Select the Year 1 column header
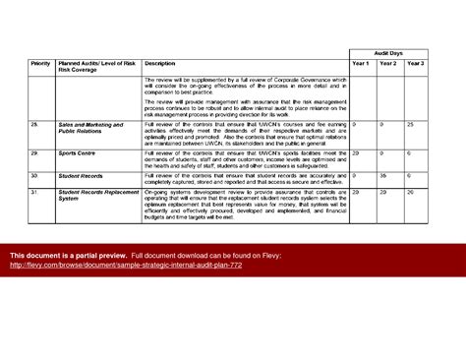point(360,63)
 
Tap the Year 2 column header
point(387,63)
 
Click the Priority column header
point(41,63)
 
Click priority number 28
point(34,125)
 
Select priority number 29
point(34,153)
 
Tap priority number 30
point(34,175)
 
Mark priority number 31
point(34,191)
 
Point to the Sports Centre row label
point(79,153)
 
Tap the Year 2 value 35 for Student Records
point(382,175)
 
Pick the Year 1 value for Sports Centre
point(355,153)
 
